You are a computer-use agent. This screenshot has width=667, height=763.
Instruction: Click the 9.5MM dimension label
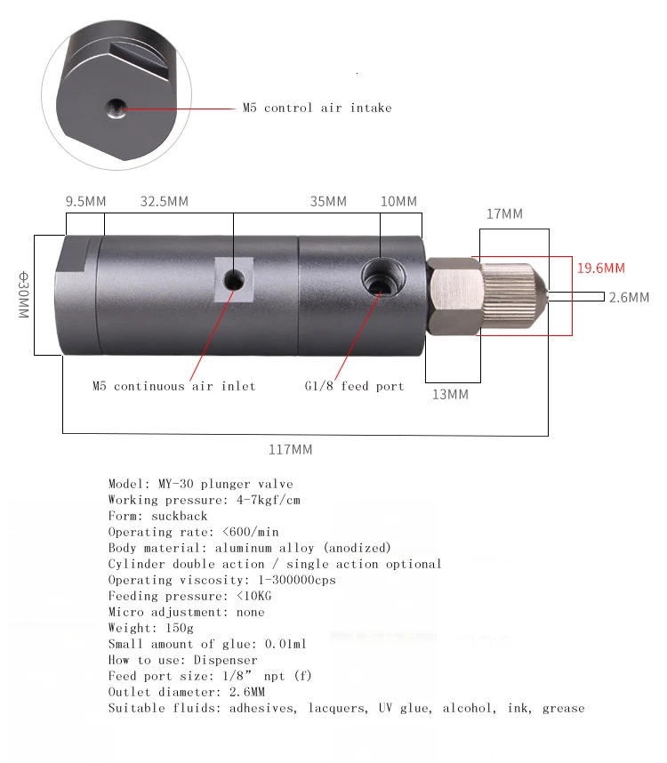pyautogui.click(x=85, y=202)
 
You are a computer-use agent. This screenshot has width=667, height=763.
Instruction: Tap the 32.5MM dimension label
pyautogui.click(x=165, y=202)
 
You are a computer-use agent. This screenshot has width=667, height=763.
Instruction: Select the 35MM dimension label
pyautogui.click(x=328, y=202)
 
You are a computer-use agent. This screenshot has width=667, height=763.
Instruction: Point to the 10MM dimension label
pyautogui.click(x=398, y=202)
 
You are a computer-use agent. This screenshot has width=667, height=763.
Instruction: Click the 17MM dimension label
pyautogui.click(x=504, y=213)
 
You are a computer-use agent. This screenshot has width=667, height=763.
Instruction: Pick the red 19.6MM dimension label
pyautogui.click(x=601, y=269)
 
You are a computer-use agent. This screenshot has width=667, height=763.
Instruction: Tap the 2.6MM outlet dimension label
pyautogui.click(x=629, y=297)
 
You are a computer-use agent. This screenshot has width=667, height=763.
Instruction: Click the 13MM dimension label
pyautogui.click(x=451, y=394)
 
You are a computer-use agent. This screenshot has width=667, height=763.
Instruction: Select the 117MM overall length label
pyautogui.click(x=291, y=450)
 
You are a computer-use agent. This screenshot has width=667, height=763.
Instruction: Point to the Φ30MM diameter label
pyautogui.click(x=23, y=295)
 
